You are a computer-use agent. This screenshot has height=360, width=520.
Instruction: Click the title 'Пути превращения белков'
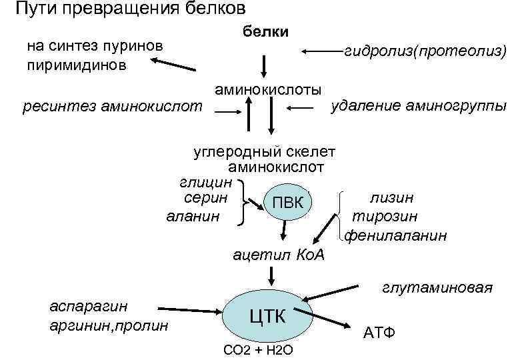[x=130, y=9]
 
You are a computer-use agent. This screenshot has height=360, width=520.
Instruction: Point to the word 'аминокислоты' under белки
[x=267, y=89]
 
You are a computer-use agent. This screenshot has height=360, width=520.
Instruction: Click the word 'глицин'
[x=206, y=181]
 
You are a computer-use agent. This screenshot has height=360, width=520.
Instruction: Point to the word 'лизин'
[x=391, y=198]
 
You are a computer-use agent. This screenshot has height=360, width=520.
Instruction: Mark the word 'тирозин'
[x=385, y=217]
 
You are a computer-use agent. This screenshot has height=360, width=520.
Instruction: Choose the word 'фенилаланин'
[x=396, y=235]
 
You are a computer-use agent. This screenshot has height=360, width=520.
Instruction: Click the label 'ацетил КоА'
[x=277, y=254]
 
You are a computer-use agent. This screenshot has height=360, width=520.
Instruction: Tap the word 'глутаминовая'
[x=437, y=288]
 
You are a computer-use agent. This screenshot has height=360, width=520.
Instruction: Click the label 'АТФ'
[x=379, y=332]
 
